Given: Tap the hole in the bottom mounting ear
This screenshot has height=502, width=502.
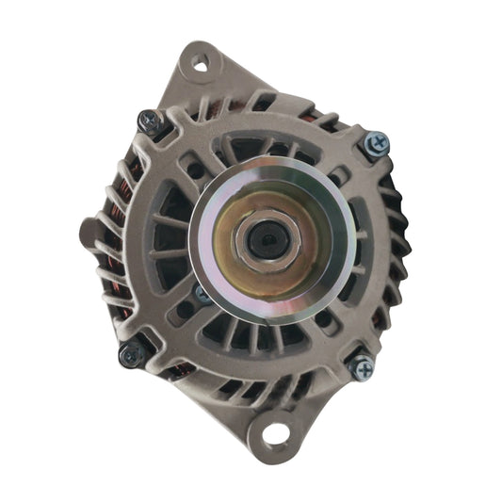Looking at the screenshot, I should (x=275, y=433).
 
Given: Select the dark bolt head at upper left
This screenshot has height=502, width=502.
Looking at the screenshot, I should (x=149, y=121).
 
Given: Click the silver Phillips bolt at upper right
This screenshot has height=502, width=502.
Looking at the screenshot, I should (x=377, y=144).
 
